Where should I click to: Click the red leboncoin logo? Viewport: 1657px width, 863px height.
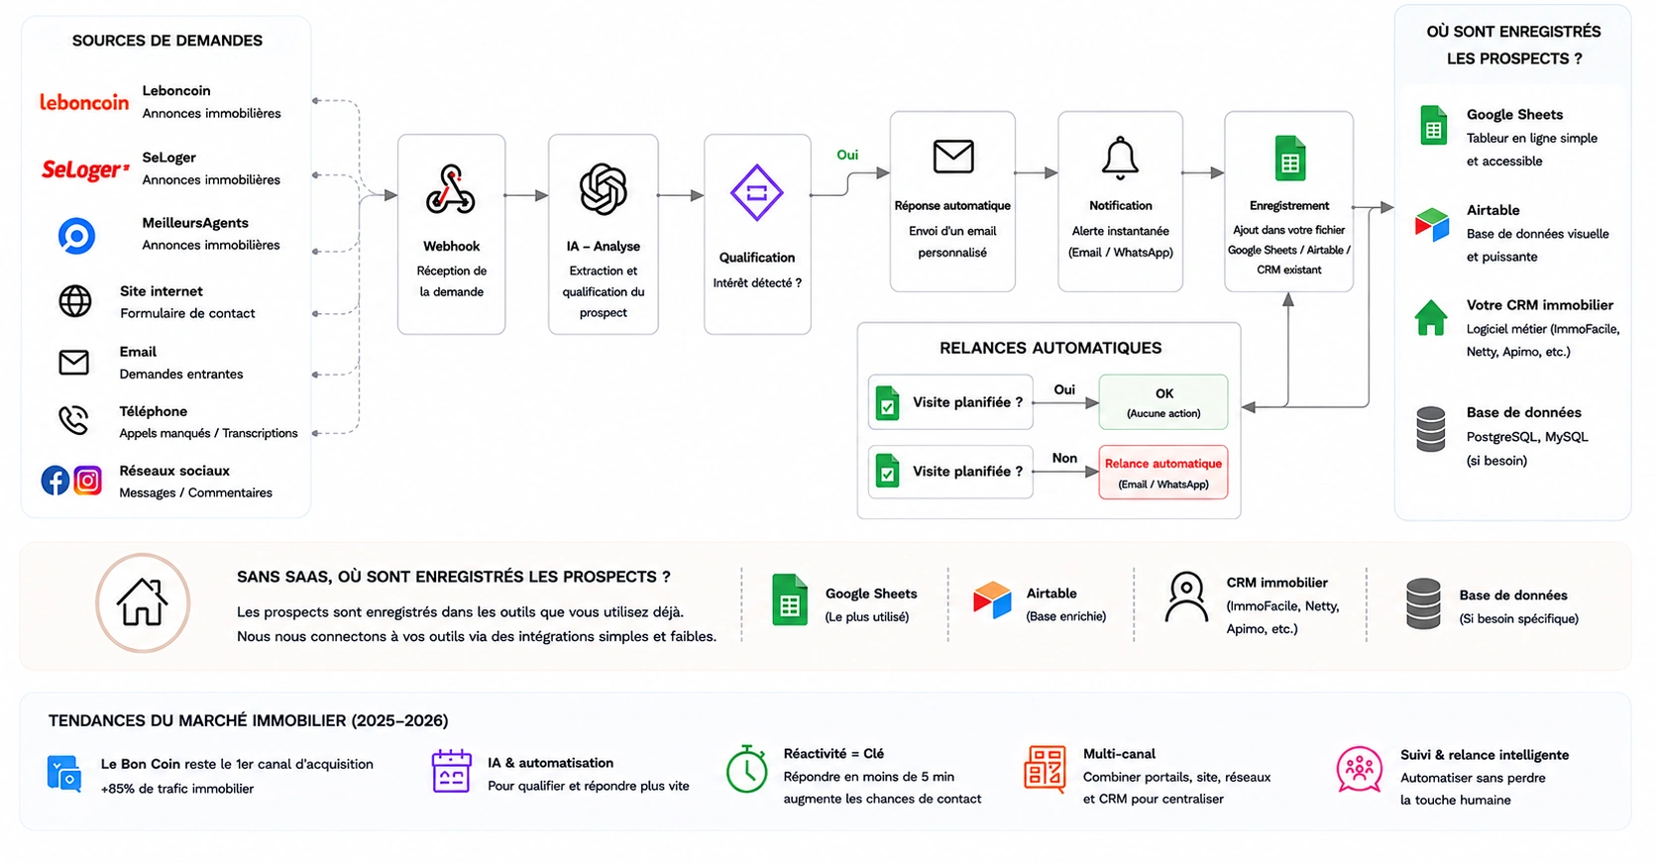tap(84, 102)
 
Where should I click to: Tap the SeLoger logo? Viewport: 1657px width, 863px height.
tap(85, 169)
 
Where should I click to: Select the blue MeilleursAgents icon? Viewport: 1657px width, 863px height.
tap(76, 236)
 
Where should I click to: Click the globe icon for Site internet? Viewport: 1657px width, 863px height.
tap(74, 301)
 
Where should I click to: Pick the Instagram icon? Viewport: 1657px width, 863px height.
tap(88, 481)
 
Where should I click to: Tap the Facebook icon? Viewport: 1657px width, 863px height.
tap(55, 481)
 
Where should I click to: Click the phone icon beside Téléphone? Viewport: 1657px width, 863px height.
tap(73, 420)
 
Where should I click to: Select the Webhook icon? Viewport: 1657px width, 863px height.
tap(451, 190)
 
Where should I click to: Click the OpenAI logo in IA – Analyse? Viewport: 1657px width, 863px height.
tap(603, 189)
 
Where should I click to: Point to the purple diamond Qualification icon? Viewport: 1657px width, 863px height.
tap(757, 193)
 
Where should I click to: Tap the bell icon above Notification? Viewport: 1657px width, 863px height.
tap(1120, 159)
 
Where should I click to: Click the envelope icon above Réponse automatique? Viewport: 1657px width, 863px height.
tap(952, 156)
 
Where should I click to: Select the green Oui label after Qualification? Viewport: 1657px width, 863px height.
tap(847, 155)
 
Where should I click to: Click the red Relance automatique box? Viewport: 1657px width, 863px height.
tap(1162, 472)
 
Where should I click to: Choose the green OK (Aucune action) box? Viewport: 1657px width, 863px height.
tap(1162, 402)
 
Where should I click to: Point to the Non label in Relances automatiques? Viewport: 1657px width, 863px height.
tap(1064, 458)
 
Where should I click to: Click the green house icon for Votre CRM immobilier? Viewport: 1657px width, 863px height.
tap(1431, 318)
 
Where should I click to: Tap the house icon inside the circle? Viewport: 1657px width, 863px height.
tap(142, 602)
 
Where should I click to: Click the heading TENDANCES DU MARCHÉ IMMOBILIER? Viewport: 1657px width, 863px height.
tap(248, 720)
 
